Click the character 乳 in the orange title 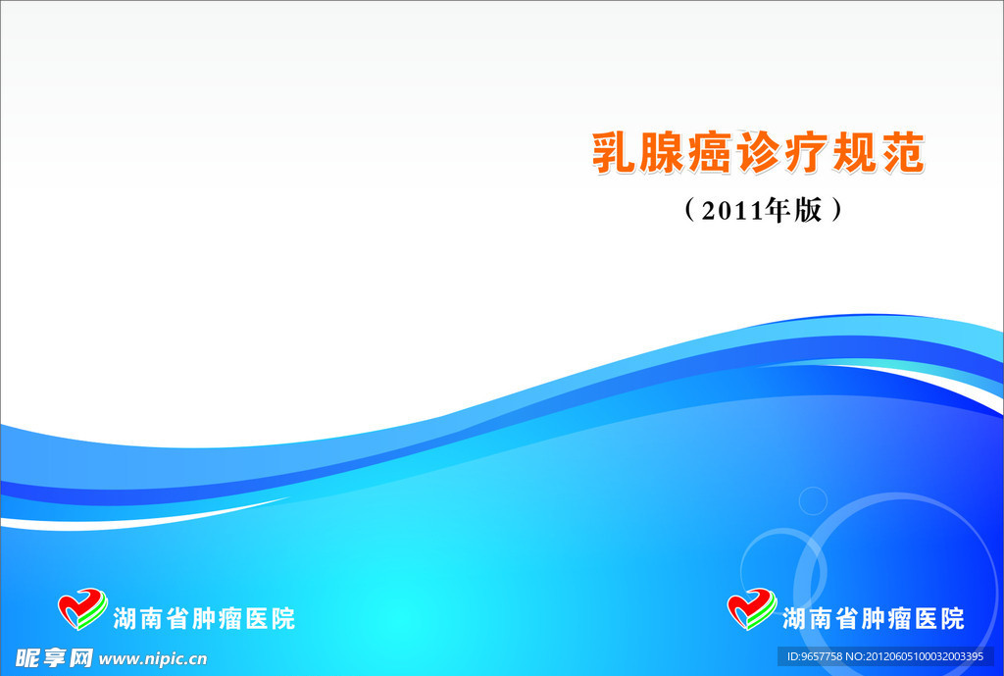tap(613, 152)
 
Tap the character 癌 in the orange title tap(710, 152)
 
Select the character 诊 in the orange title tap(758, 152)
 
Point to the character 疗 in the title tap(806, 152)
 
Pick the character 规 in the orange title tap(854, 152)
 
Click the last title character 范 tap(903, 152)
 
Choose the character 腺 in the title tap(661, 152)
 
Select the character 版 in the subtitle tap(808, 210)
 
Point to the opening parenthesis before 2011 tap(689, 210)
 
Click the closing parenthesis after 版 tap(835, 210)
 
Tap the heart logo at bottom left tap(82, 608)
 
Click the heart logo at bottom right tap(752, 608)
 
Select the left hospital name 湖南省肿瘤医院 tap(204, 618)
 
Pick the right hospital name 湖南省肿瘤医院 tap(874, 618)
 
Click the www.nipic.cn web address tap(152, 658)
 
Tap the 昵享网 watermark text tap(54, 658)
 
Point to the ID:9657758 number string tap(815, 656)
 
